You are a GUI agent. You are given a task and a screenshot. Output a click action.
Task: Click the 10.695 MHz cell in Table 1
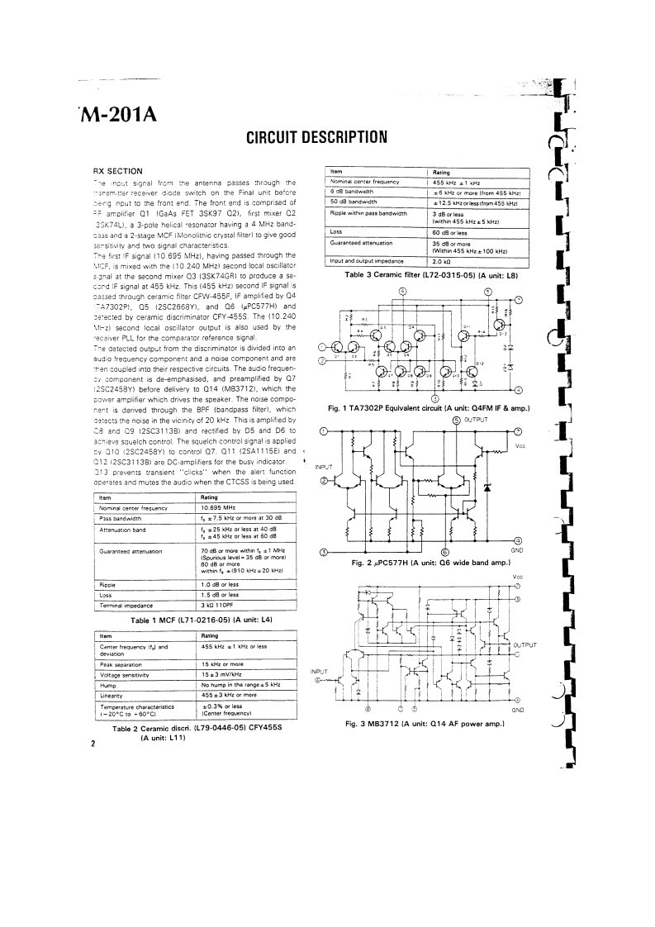click(221, 508)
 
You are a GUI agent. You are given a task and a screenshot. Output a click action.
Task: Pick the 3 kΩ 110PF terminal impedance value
click(221, 604)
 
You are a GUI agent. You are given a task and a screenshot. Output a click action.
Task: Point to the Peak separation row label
click(122, 663)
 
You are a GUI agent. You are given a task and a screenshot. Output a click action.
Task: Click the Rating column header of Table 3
click(442, 172)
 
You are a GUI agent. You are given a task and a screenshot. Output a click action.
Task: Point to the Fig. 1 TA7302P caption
click(429, 408)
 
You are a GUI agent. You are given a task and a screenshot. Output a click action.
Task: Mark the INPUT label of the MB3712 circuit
click(319, 671)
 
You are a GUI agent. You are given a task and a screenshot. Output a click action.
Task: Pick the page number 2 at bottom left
click(93, 743)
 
